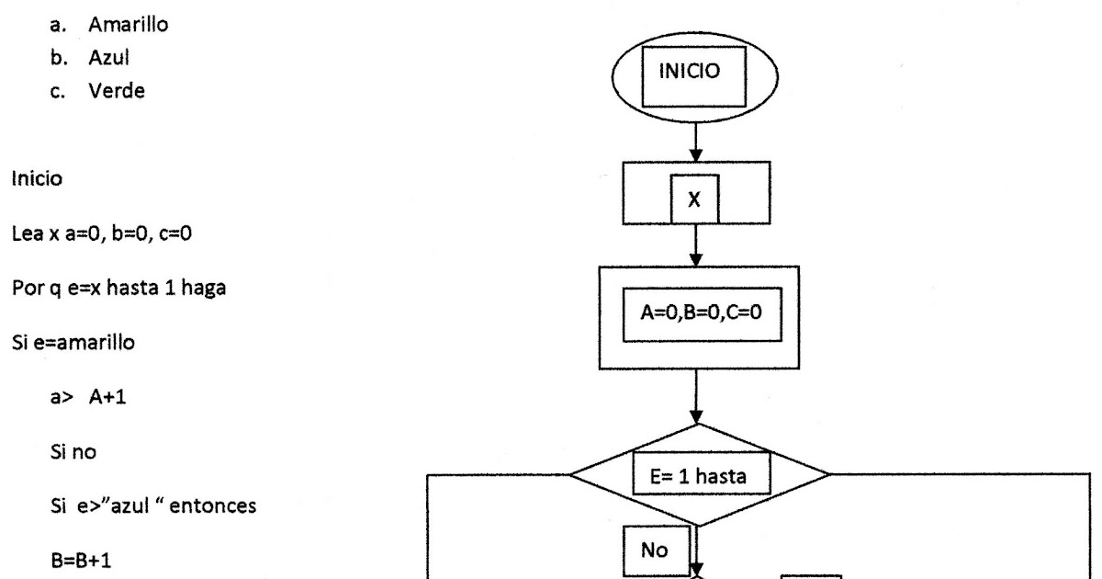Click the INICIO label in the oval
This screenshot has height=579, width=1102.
[695, 73]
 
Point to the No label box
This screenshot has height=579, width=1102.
[647, 549]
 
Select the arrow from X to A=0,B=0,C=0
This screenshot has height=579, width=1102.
[695, 246]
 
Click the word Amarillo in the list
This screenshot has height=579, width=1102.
[128, 26]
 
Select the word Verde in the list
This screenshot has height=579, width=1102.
[116, 92]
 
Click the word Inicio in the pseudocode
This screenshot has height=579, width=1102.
[38, 178]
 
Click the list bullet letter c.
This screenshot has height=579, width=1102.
[68, 92]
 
